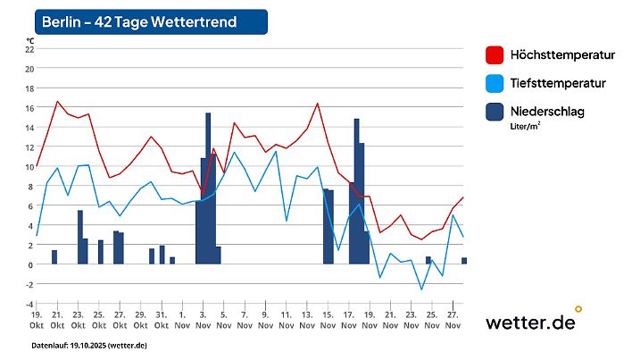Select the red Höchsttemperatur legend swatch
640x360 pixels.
pyautogui.click(x=495, y=55)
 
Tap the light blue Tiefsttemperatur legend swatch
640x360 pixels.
pyautogui.click(x=495, y=84)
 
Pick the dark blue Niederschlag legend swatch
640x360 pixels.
pyautogui.click(x=495, y=113)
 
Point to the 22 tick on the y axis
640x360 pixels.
pyautogui.click(x=29, y=49)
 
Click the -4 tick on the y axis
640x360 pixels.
pyautogui.click(x=29, y=304)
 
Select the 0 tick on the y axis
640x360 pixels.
pyautogui.click(x=29, y=264)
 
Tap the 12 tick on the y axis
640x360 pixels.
pyautogui.click(x=29, y=147)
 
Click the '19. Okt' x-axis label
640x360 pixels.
pyautogui.click(x=37, y=321)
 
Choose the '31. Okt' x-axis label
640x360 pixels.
pyautogui.click(x=161, y=321)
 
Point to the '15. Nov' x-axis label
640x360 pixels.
pyautogui.click(x=327, y=321)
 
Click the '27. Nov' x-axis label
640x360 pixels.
pyautogui.click(x=452, y=321)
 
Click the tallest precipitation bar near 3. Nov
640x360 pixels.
pyautogui.click(x=208, y=188)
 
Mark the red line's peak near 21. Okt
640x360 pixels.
pyautogui.click(x=57, y=101)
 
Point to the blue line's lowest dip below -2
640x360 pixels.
pyautogui.click(x=422, y=289)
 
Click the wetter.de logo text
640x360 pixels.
pyautogui.click(x=530, y=322)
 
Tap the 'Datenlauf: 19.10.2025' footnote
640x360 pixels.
pyautogui.click(x=89, y=346)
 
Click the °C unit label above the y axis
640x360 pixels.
pyautogui.click(x=29, y=40)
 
